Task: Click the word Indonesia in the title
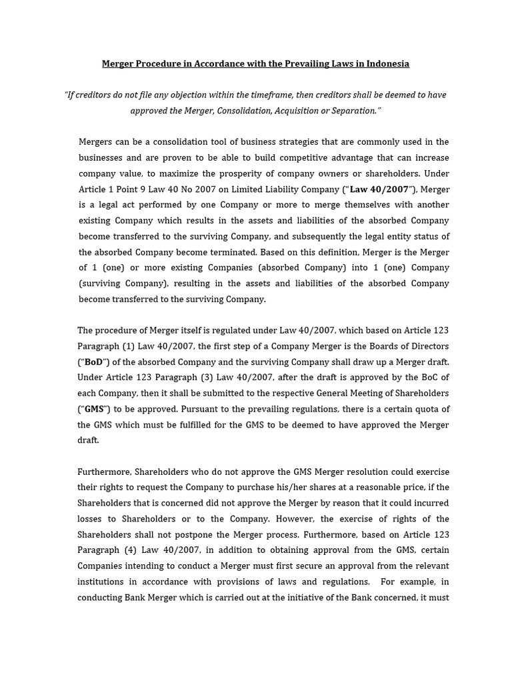pos(387,64)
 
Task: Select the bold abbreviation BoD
pos(94,362)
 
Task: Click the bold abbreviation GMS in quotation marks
pos(94,409)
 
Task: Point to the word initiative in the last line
pos(313,598)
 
